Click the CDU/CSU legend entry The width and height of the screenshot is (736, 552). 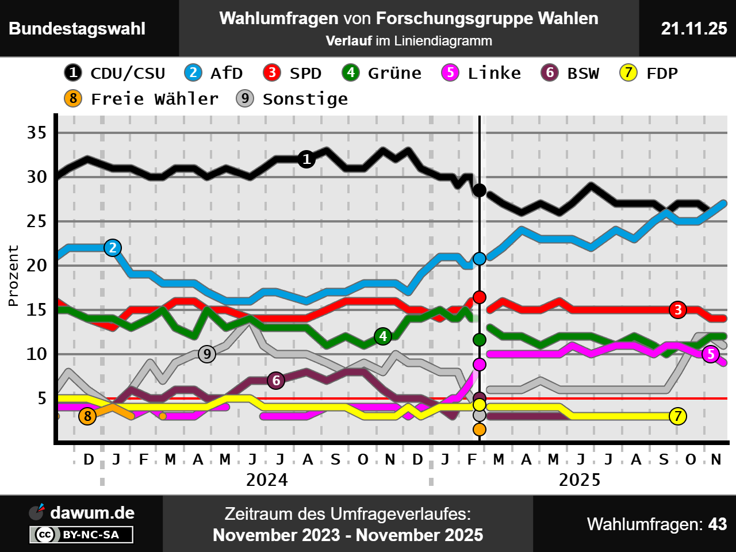[115, 73]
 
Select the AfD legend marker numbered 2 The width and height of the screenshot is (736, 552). [193, 72]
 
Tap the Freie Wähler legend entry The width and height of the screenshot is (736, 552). [142, 99]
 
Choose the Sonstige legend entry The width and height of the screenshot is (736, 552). [293, 99]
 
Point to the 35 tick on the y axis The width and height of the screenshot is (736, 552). [37, 133]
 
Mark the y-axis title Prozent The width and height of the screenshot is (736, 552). [13, 275]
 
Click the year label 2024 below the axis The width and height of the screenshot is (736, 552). [267, 480]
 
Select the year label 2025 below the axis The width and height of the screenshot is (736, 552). [580, 480]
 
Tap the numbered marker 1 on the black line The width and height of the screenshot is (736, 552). [306, 159]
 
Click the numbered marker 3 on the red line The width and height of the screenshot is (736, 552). [678, 310]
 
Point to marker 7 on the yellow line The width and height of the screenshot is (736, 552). [678, 416]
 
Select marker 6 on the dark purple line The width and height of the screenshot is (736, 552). [276, 380]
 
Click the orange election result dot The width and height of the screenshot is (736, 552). [479, 429]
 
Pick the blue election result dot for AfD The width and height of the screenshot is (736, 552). [479, 259]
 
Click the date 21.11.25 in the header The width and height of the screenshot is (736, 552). [694, 28]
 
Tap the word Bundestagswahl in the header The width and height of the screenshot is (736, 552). [77, 29]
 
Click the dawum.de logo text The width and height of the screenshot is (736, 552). [92, 513]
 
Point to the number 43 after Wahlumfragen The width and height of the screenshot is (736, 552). [718, 524]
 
